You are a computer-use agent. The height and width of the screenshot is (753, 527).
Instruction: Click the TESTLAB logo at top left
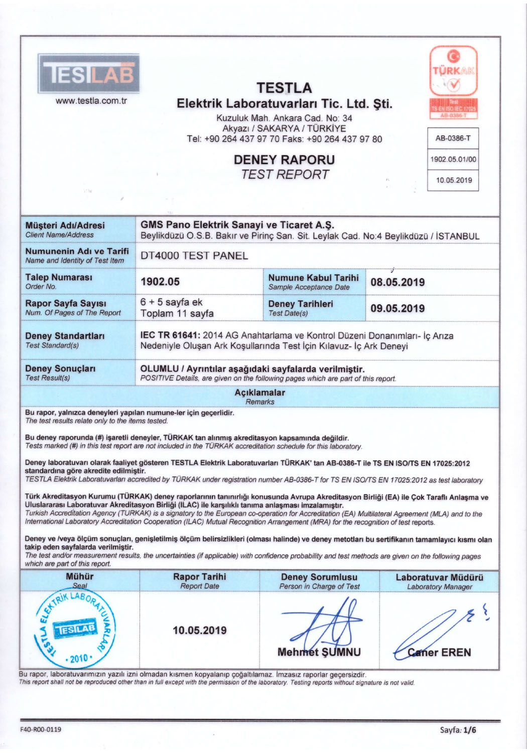click(88, 73)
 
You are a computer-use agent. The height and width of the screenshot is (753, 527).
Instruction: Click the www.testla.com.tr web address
click(91, 100)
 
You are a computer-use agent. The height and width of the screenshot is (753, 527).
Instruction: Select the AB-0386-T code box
click(453, 138)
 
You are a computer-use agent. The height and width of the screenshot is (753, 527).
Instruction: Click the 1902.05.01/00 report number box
click(453, 160)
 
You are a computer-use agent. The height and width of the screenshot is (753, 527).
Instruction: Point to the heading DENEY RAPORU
click(284, 160)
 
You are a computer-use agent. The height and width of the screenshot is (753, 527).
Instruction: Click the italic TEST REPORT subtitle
click(284, 175)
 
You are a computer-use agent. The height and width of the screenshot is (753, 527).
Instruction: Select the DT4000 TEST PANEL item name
click(194, 256)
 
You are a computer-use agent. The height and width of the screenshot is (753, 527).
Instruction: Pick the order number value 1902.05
click(160, 282)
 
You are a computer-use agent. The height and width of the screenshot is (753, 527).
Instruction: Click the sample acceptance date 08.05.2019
click(397, 282)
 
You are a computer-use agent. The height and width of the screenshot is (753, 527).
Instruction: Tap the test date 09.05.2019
click(397, 308)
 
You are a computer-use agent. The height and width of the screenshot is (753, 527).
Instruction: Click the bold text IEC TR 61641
click(170, 335)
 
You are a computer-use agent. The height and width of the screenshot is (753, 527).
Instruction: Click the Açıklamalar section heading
click(259, 393)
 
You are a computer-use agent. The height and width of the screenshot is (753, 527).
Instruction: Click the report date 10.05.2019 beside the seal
click(199, 630)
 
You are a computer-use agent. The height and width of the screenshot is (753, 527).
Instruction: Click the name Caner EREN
click(439, 652)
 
